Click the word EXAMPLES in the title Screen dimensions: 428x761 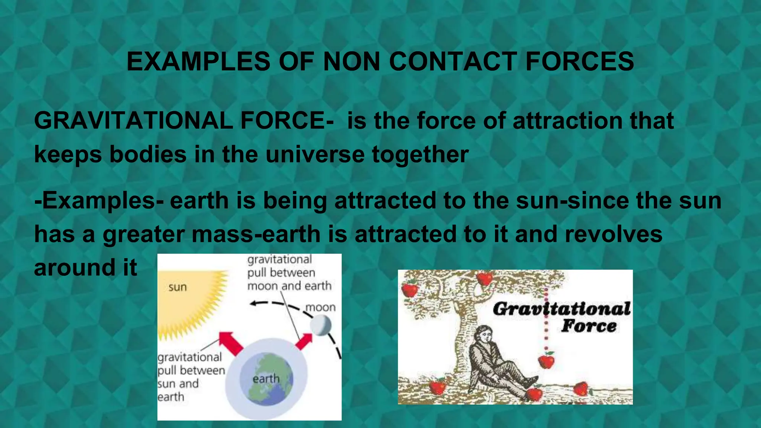click(x=198, y=61)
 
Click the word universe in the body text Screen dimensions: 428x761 click(x=315, y=154)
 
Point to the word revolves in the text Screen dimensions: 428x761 click(x=613, y=234)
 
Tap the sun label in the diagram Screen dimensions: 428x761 click(x=178, y=287)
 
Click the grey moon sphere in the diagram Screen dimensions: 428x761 click(x=321, y=325)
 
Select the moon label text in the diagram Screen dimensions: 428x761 click(x=320, y=307)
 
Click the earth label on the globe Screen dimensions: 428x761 click(x=266, y=379)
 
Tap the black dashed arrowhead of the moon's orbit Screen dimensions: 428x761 click(x=254, y=304)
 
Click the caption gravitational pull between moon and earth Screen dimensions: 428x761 click(x=288, y=273)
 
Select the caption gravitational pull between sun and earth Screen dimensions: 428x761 click(x=190, y=377)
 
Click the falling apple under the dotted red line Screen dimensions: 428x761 click(x=546, y=360)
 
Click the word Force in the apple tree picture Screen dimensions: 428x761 click(x=589, y=326)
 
